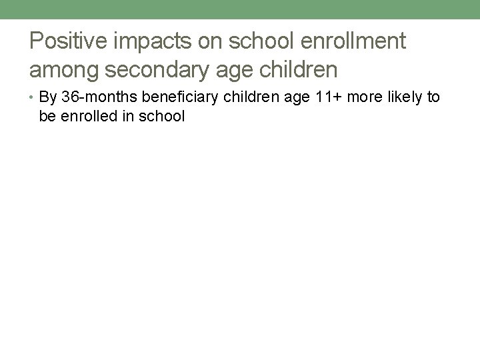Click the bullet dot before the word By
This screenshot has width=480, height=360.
[x=33, y=98]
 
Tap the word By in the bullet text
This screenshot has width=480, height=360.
[x=48, y=97]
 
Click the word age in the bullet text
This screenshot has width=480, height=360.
[x=287, y=97]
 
